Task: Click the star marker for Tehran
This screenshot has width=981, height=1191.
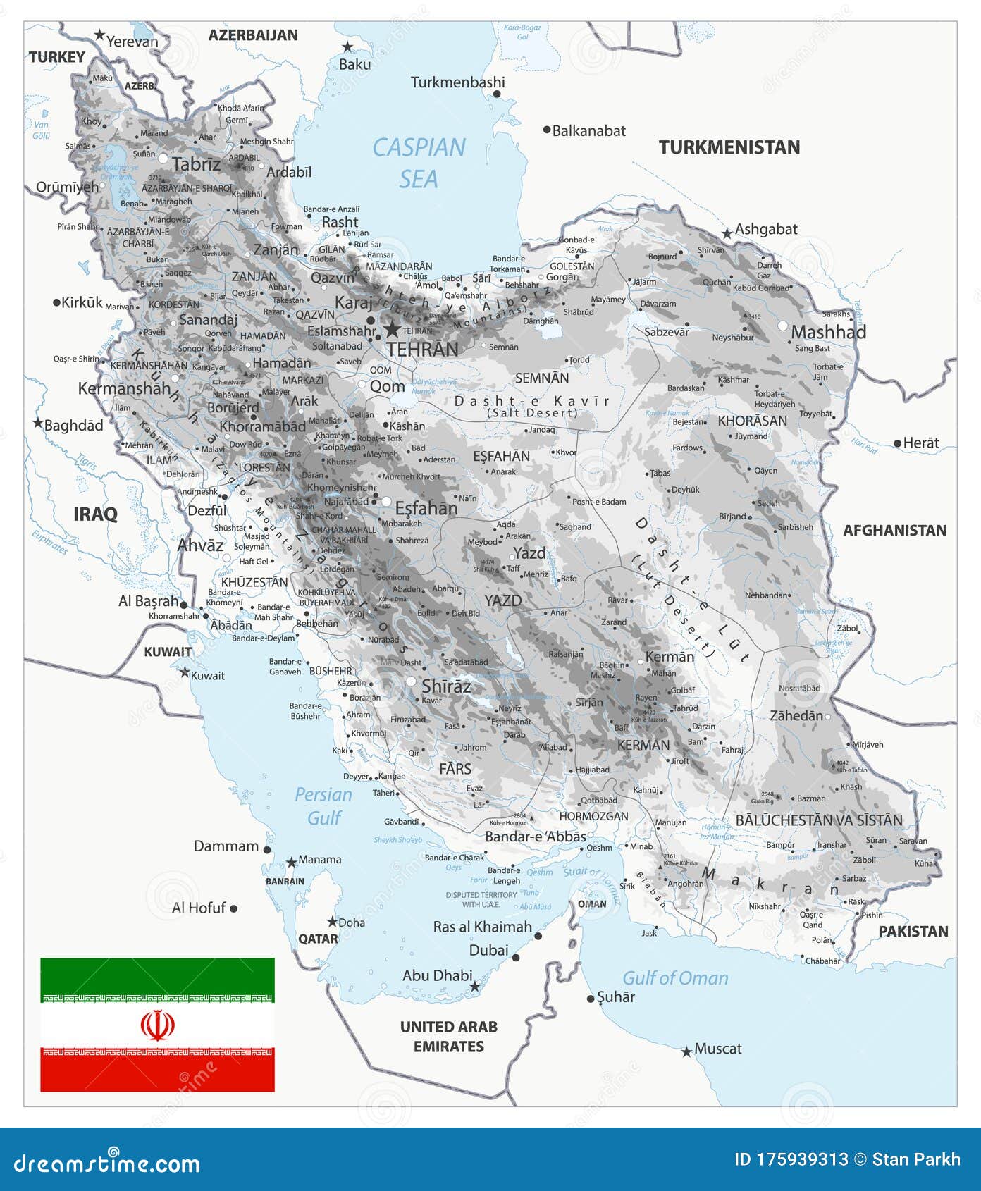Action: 392,330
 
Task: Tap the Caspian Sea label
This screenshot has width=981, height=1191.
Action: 419,163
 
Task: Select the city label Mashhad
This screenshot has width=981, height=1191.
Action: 829,332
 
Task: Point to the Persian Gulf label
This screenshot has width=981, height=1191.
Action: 323,806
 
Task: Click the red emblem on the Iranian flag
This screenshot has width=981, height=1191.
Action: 157,1025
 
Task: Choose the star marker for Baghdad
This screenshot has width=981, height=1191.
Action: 38,424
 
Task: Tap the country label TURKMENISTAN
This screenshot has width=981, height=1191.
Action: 729,147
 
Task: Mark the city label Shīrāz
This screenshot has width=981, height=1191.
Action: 446,686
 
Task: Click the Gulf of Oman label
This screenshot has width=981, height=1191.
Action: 675,978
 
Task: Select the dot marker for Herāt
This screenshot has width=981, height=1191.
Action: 897,443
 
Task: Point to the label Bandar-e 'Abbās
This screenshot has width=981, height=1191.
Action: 536,837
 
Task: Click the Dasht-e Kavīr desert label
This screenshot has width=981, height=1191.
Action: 532,402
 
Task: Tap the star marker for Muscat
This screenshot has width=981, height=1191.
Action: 686,1051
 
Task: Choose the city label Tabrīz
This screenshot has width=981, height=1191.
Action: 196,164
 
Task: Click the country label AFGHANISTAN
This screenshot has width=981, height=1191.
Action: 894,531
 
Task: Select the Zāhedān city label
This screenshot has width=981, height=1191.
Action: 796,716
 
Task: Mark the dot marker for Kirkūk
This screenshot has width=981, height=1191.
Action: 57,302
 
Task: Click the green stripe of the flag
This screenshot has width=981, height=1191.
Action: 157,977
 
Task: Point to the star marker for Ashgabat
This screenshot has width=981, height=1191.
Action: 727,233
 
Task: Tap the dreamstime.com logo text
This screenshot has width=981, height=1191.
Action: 107,1163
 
